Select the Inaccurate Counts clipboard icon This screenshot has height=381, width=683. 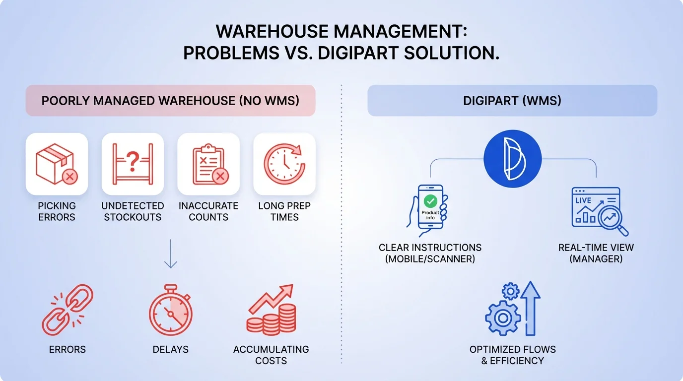(208, 164)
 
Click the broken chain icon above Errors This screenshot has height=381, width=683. (67, 310)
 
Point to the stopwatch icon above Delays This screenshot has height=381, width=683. (170, 311)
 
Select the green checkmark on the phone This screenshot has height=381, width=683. (430, 201)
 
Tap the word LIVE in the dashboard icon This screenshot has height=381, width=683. (583, 201)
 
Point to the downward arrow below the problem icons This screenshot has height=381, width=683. (170, 254)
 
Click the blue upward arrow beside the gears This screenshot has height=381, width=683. (530, 308)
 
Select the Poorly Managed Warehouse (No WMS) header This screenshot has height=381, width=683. (170, 101)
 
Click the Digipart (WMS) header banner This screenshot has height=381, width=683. (512, 101)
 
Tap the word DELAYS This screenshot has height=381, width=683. (170, 349)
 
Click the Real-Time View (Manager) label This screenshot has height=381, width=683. (596, 253)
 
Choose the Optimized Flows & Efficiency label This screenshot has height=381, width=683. (512, 355)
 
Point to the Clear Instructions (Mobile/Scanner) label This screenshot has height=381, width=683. (430, 253)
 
